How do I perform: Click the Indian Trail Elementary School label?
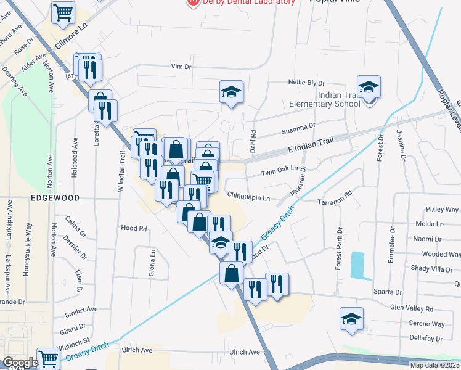(x=325, y=99)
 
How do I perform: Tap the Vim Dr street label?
(x=182, y=67)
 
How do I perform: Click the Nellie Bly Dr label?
(x=306, y=83)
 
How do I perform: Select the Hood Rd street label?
(x=134, y=228)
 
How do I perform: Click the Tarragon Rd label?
(x=334, y=196)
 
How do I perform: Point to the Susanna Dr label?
(x=298, y=127)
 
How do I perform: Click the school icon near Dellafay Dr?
(x=351, y=319)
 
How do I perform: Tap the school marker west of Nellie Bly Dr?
(x=232, y=92)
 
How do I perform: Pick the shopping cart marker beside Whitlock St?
(x=47, y=358)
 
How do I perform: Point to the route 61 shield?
(x=71, y=76)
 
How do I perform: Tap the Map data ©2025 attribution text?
(x=434, y=365)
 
